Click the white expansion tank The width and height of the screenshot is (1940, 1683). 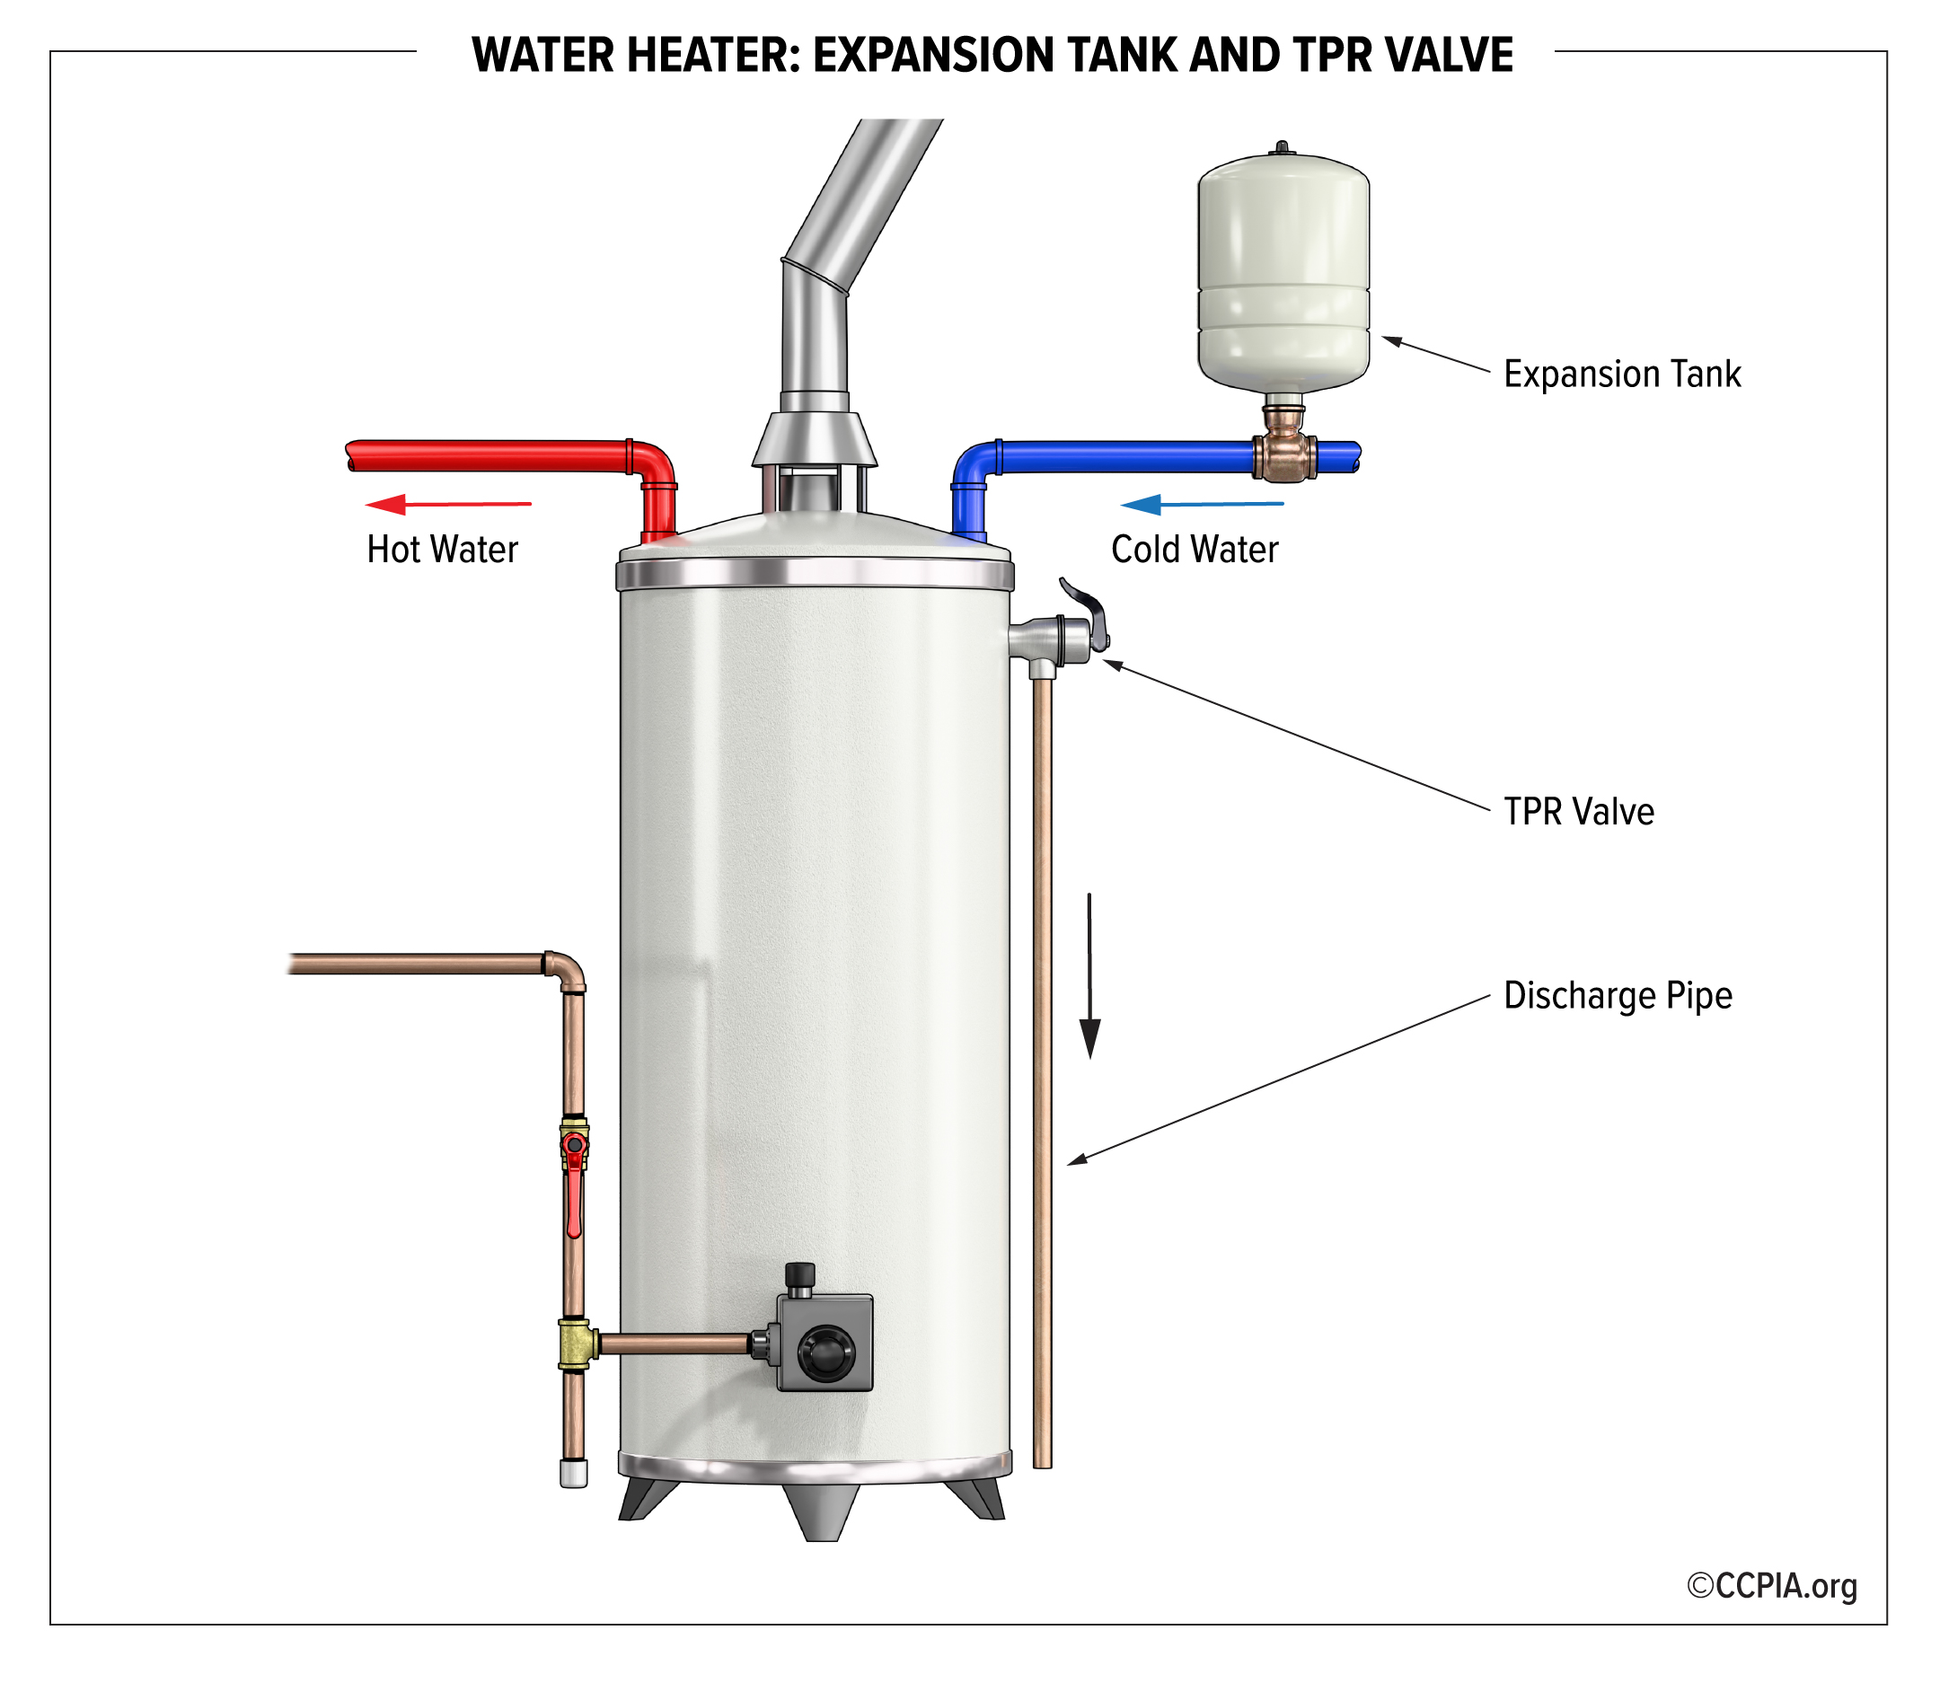(x=1283, y=272)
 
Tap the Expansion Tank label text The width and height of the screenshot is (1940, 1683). (x=1622, y=374)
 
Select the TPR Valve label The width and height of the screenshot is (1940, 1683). (x=1578, y=813)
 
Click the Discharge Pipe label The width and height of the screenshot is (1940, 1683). (x=1617, y=996)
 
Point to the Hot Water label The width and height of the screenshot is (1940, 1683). (x=442, y=550)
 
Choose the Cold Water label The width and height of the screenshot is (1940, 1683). (x=1195, y=550)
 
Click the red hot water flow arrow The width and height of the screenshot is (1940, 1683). (x=448, y=505)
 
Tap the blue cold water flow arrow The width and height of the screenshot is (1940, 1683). (x=1201, y=505)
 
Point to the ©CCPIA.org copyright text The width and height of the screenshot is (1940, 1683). (x=1772, y=1585)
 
